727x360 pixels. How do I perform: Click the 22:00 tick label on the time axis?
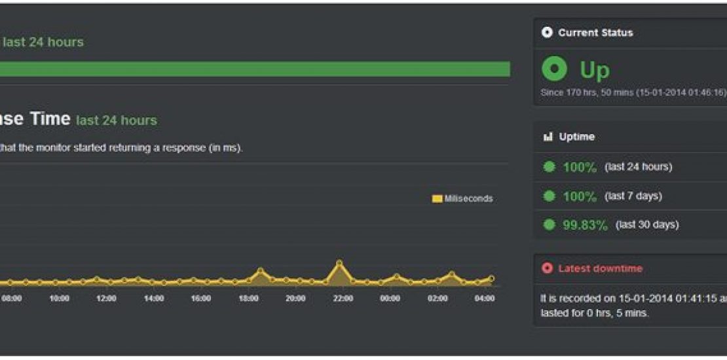pyautogui.click(x=343, y=298)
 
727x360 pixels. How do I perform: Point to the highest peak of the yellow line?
pyautogui.click(x=339, y=263)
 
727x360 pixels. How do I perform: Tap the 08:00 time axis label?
pyautogui.click(x=11, y=298)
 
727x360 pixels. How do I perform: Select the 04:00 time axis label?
pyautogui.click(x=485, y=298)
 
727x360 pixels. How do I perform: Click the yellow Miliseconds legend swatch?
pyautogui.click(x=437, y=199)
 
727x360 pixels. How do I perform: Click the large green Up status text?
pyautogui.click(x=595, y=69)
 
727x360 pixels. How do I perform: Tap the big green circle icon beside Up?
pyautogui.click(x=555, y=69)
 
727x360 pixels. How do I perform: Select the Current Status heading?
pyautogui.click(x=595, y=33)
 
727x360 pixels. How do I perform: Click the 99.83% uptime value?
pyautogui.click(x=585, y=225)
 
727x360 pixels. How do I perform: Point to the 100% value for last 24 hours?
pyautogui.click(x=580, y=168)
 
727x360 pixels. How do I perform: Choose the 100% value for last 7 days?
pyautogui.click(x=580, y=196)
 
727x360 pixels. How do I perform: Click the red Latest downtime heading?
pyautogui.click(x=600, y=268)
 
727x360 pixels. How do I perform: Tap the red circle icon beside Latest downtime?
pyautogui.click(x=548, y=268)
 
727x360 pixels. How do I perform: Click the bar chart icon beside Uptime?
pyautogui.click(x=548, y=137)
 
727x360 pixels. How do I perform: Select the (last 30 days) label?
pyautogui.click(x=647, y=225)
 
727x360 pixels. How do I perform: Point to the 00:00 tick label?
pyautogui.click(x=390, y=298)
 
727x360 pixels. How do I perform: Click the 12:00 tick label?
pyautogui.click(x=106, y=298)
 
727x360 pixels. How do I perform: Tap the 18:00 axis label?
pyautogui.click(x=248, y=298)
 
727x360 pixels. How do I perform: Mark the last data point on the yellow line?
pyautogui.click(x=491, y=278)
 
